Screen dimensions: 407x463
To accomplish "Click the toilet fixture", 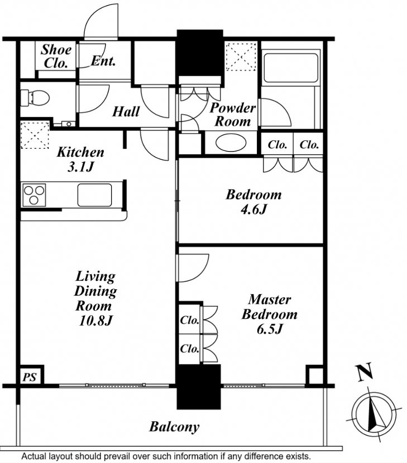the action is click(35, 98).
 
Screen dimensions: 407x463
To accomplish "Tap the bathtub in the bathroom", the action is click(291, 68).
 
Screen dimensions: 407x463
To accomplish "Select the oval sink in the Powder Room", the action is click(231, 143).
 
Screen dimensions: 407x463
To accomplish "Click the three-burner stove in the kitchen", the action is click(34, 195).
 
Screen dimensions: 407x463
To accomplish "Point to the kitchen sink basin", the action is click(95, 195).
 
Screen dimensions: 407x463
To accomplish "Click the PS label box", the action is click(30, 377).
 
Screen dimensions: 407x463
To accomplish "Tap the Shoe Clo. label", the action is click(56, 56).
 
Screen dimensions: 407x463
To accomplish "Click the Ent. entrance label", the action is click(103, 61).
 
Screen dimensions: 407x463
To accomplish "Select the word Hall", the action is click(126, 111).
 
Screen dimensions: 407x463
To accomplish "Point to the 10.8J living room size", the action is click(95, 320).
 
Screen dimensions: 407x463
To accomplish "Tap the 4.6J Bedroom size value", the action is click(254, 209).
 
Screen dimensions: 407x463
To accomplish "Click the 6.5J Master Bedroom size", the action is click(270, 329).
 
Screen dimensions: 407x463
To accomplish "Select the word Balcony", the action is click(174, 427).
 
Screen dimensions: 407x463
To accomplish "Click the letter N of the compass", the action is click(365, 372).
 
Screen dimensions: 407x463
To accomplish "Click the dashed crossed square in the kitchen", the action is click(35, 135).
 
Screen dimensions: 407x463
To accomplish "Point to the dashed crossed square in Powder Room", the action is click(241, 57).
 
